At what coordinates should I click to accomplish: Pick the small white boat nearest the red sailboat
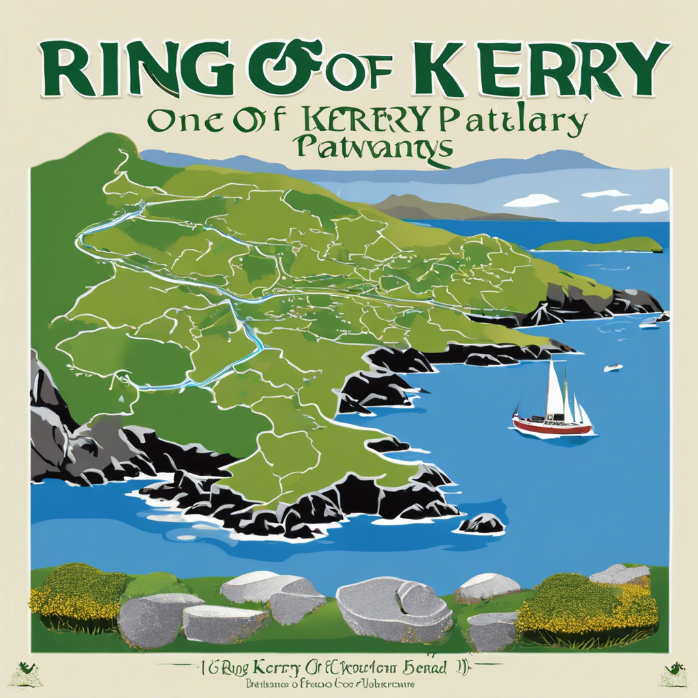pos(613,367)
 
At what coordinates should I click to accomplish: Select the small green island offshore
pos(600,245)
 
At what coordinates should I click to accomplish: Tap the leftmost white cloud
pos(531,200)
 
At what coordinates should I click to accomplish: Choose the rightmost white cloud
pos(644,206)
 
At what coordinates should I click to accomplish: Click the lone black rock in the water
pos(482,523)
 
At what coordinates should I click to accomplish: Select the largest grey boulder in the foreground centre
pos(393,609)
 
